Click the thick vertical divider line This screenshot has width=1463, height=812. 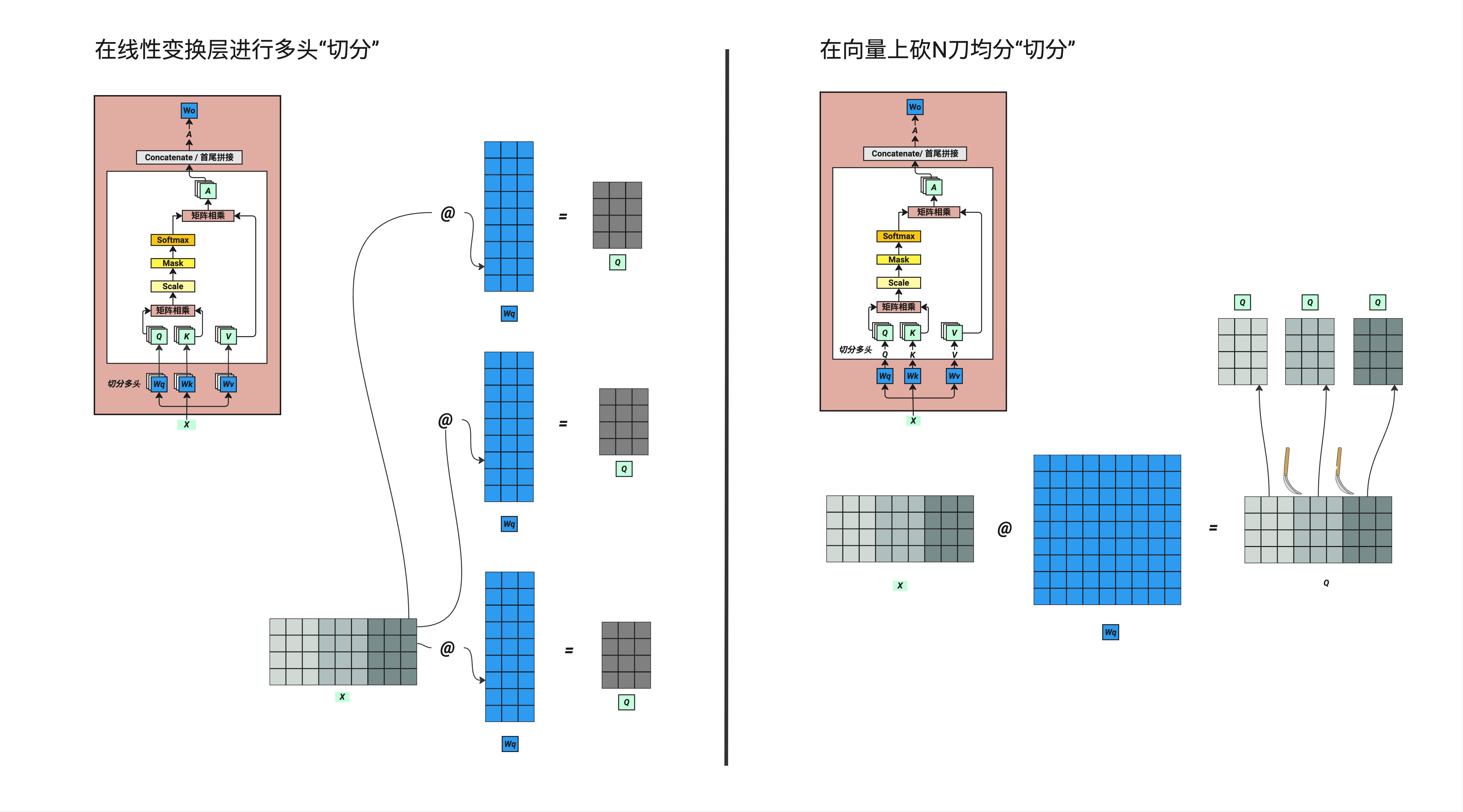tap(726, 406)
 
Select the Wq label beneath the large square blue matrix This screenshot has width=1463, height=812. tap(1110, 632)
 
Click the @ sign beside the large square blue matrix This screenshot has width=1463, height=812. tap(1004, 529)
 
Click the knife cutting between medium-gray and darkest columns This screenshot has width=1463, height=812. tap(1342, 472)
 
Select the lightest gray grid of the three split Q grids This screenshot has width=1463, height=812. tap(1243, 351)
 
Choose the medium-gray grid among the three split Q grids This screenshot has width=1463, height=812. tap(1310, 351)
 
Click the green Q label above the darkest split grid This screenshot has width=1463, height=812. tap(1377, 302)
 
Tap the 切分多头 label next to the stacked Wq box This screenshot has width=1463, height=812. tap(124, 384)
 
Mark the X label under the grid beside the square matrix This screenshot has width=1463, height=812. tap(899, 585)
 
